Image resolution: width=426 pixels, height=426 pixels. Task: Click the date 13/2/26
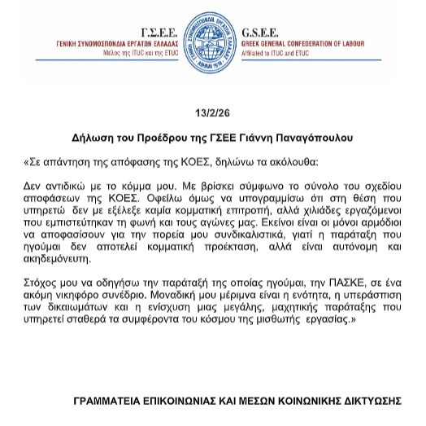(212, 111)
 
